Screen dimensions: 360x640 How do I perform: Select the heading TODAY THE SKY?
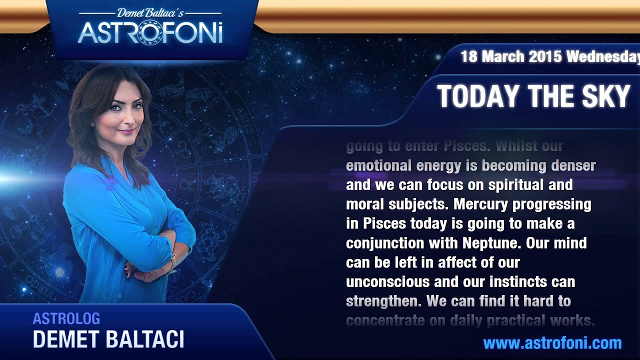click(x=533, y=96)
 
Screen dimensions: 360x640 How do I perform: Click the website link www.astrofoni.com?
click(x=552, y=343)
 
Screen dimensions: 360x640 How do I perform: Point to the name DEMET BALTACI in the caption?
click(x=108, y=339)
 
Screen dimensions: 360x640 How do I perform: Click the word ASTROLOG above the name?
click(x=66, y=318)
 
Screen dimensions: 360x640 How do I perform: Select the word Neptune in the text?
click(x=491, y=243)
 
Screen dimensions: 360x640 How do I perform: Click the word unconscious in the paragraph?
click(x=388, y=282)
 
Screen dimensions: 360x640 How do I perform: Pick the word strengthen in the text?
click(x=382, y=301)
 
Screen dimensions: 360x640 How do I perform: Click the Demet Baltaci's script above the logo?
click(x=150, y=13)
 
